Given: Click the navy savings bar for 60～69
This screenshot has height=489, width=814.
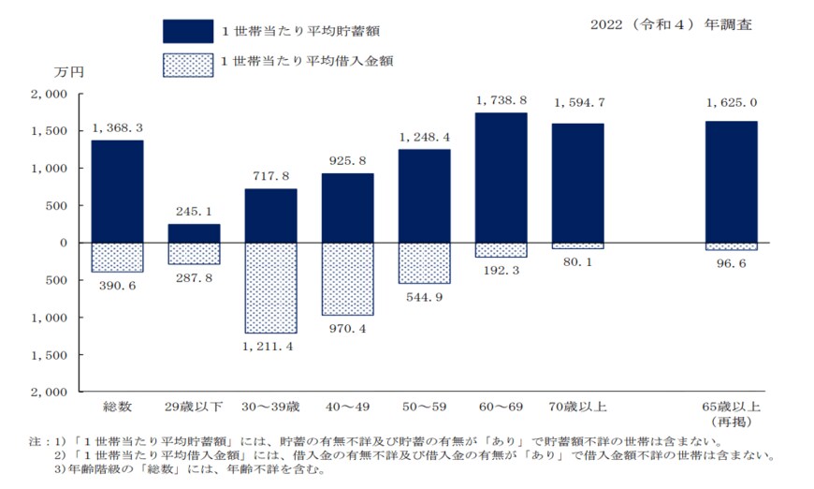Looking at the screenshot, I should pyautogui.click(x=501, y=178).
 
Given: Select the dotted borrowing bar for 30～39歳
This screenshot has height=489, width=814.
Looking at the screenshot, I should pyautogui.click(x=270, y=288).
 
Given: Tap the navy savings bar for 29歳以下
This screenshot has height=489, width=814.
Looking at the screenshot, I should pyautogui.click(x=194, y=233).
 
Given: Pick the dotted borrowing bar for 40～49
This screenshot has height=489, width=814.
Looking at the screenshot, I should pyautogui.click(x=347, y=279).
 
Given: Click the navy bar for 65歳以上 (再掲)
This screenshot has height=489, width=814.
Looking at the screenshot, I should pyautogui.click(x=731, y=182).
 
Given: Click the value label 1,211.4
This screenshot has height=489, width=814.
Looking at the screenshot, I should pyautogui.click(x=270, y=348).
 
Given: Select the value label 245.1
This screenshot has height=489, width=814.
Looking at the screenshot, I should pyautogui.click(x=194, y=211).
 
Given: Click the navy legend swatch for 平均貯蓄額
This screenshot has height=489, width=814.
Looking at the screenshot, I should pyautogui.click(x=188, y=31).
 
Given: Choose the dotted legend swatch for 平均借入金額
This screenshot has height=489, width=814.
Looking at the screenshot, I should pyautogui.click(x=188, y=65).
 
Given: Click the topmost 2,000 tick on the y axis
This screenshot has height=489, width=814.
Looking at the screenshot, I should pyautogui.click(x=49, y=95).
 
